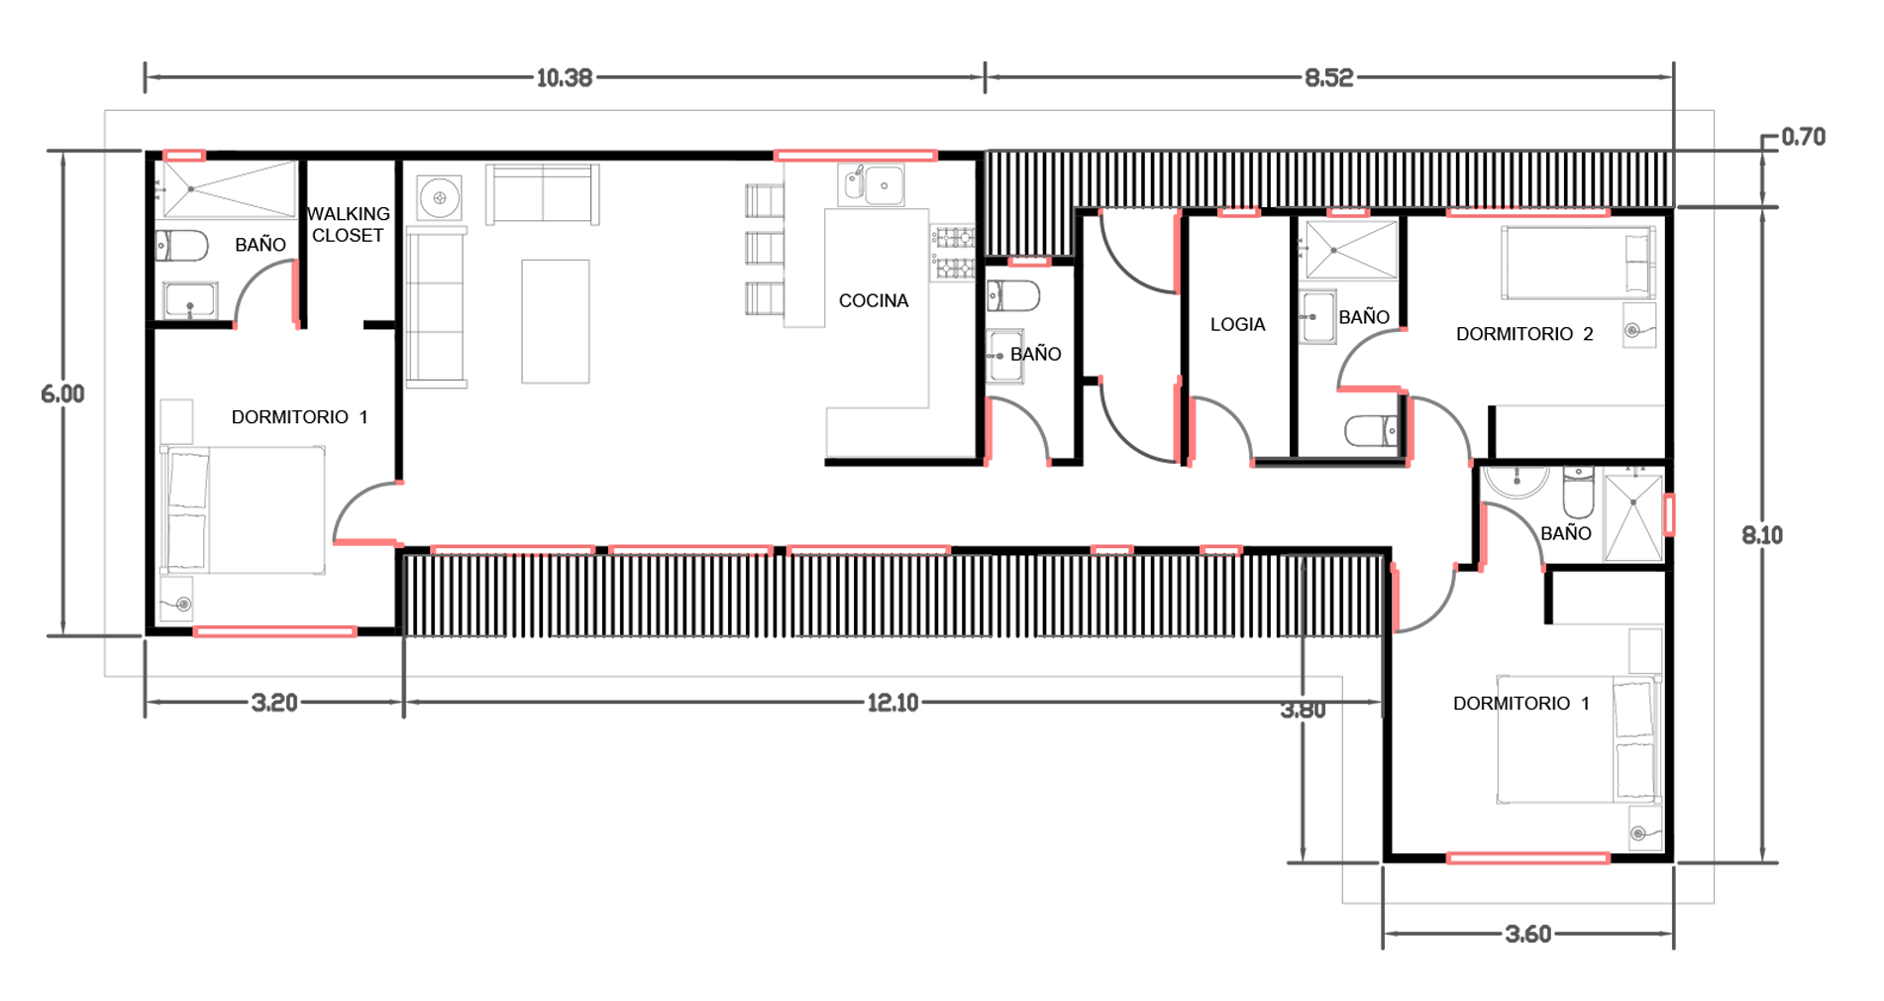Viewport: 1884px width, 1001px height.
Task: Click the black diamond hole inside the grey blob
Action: pos(876,303)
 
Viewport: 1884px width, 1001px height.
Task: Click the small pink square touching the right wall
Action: pos(1678,514)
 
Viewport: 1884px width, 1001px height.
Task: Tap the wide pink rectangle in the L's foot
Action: pos(1526,852)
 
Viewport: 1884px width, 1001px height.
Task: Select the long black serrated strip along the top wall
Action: pos(1327,180)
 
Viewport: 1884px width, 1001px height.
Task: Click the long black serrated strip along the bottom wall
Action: pos(842,595)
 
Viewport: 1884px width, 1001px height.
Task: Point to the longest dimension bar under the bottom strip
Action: pos(852,674)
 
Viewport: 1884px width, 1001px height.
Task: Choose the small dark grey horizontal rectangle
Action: pos(1327,486)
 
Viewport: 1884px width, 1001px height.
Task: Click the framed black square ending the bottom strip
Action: pos(1340,595)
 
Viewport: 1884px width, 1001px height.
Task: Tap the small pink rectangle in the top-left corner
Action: pos(184,150)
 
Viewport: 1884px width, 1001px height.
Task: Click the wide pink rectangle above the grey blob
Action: pos(856,149)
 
